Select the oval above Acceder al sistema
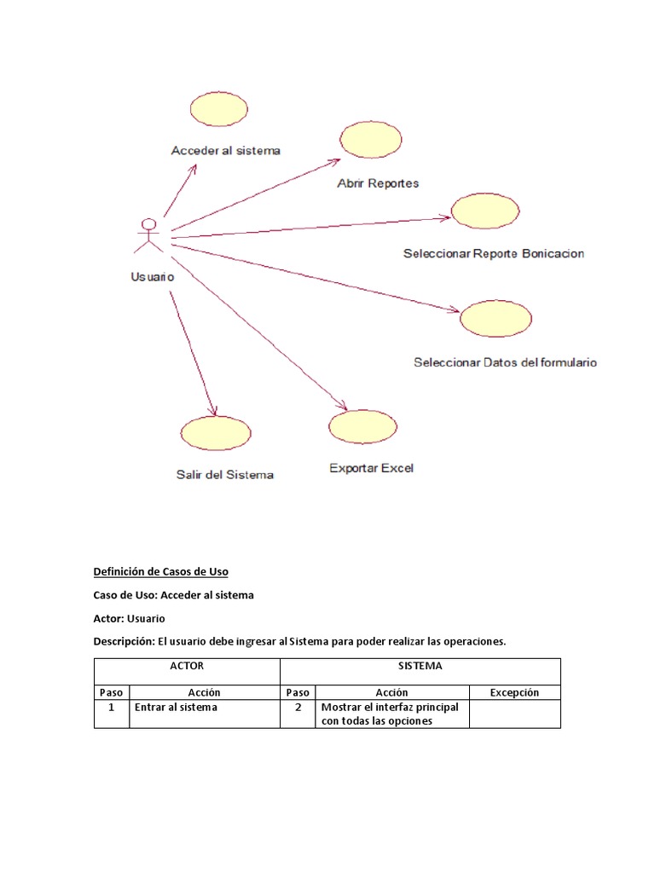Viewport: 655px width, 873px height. [x=218, y=110]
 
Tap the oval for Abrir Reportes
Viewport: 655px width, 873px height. [x=370, y=140]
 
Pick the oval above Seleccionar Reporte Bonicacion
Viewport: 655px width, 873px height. [x=485, y=211]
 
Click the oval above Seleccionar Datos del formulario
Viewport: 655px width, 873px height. [x=496, y=318]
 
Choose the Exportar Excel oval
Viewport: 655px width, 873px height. [x=363, y=426]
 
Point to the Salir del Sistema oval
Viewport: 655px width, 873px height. [x=216, y=433]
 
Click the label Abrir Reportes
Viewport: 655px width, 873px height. [x=378, y=183]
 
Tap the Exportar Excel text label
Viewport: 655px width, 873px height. [x=371, y=468]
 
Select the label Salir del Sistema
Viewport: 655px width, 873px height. [x=225, y=475]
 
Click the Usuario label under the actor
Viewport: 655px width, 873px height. [x=153, y=276]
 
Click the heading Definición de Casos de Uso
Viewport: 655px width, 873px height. [x=160, y=571]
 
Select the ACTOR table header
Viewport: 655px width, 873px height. [x=187, y=666]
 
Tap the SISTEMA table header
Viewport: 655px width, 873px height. [x=420, y=666]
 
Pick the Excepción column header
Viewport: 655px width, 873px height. [x=514, y=692]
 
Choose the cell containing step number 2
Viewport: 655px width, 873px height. [x=298, y=707]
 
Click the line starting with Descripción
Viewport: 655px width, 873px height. [x=299, y=641]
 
